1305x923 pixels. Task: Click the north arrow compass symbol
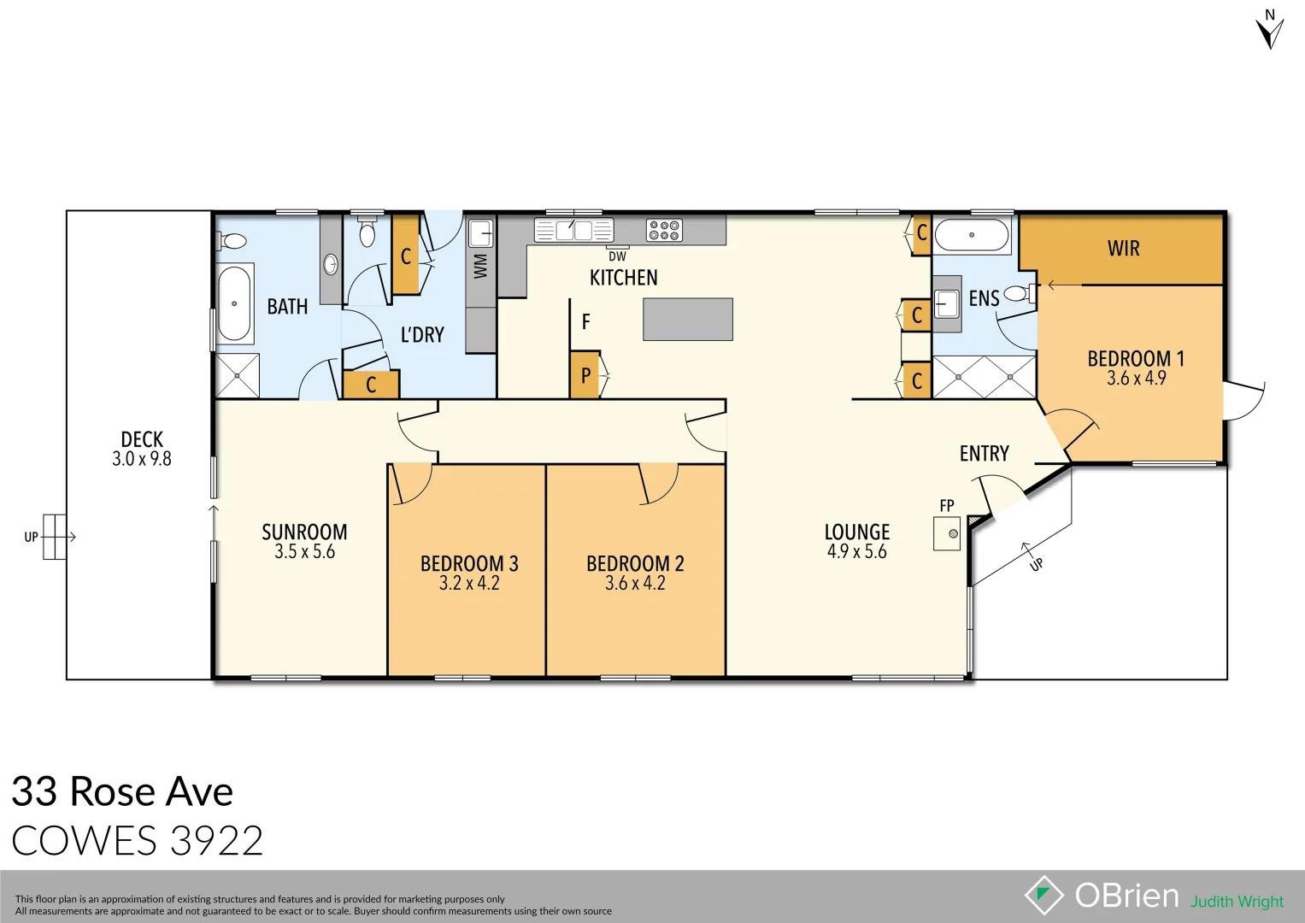[x=1270, y=31]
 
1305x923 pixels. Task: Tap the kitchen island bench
[x=688, y=319]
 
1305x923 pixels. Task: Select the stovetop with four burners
[x=664, y=230]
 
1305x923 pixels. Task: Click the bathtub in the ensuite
[x=972, y=234]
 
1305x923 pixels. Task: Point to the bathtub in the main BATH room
[x=234, y=303]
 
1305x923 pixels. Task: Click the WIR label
[x=1123, y=249]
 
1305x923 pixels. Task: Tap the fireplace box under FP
[x=947, y=534]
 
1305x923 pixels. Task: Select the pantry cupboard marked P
[x=585, y=374]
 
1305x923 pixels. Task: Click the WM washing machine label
[x=480, y=266]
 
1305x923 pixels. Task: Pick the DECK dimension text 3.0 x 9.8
[x=142, y=459]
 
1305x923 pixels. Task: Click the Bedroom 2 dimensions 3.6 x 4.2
[x=635, y=583]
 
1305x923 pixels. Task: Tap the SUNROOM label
[x=304, y=532]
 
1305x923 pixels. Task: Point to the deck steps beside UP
[x=54, y=537]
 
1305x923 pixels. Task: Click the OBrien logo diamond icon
[x=1043, y=896]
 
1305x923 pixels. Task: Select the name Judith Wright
[x=1237, y=902]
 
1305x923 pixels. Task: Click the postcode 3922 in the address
[x=217, y=841]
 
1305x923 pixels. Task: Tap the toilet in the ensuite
[x=1016, y=293]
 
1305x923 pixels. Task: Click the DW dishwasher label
[x=617, y=256]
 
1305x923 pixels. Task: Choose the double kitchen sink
[x=573, y=230]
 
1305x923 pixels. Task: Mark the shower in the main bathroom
[x=237, y=375]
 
